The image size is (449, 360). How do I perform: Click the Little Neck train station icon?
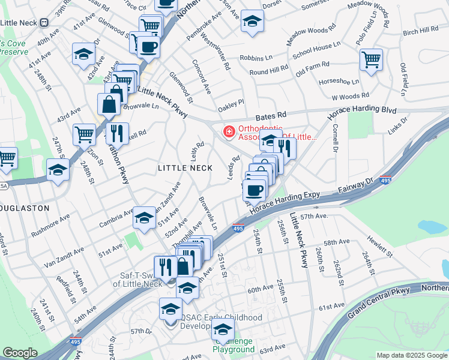pyautogui.click(x=44, y=22)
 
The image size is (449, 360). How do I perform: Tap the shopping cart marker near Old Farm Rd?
pyautogui.click(x=372, y=59)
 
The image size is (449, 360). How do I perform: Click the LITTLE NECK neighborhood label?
pyautogui.click(x=185, y=168)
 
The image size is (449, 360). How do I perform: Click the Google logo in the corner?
pyautogui.click(x=20, y=353)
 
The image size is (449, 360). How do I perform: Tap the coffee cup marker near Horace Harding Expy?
pyautogui.click(x=255, y=190)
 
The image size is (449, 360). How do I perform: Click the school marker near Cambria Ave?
pyautogui.click(x=144, y=218)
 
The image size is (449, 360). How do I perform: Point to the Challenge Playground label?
pyautogui.click(x=234, y=345)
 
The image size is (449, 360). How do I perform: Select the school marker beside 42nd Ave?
pyautogui.click(x=83, y=54)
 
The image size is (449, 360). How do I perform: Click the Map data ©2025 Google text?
pyautogui.click(x=412, y=355)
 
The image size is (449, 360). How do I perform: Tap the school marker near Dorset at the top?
pyautogui.click(x=252, y=21)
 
